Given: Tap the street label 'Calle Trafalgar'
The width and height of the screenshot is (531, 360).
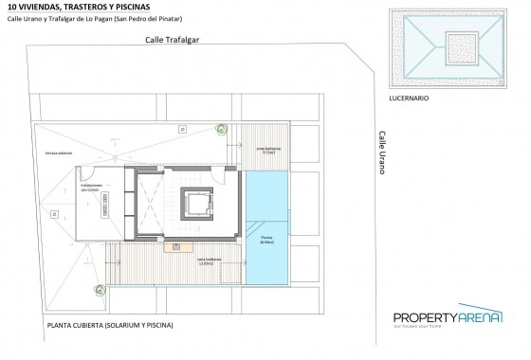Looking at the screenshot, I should [172, 41].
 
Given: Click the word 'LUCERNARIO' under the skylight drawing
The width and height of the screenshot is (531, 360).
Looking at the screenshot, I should [410, 98].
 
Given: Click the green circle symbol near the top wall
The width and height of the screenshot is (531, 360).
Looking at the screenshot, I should [221, 131].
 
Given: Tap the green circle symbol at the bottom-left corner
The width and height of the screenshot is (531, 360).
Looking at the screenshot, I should [99, 290].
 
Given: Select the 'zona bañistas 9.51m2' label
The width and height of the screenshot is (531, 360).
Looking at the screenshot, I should [267, 150].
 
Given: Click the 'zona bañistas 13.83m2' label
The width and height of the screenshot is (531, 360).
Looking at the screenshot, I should [209, 260].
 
